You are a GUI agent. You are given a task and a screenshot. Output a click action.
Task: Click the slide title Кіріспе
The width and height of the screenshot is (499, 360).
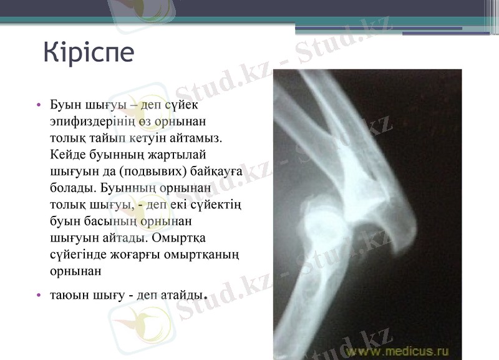[89, 52]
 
